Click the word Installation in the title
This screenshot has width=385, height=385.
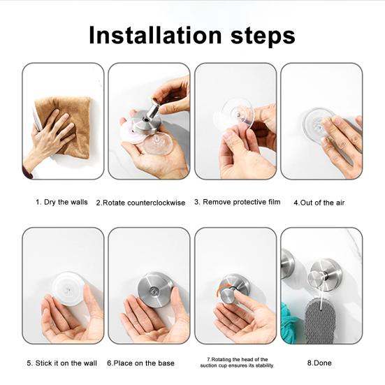coord(155,36)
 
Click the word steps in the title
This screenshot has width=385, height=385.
coord(263,36)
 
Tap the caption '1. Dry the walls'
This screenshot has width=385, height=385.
coord(61,203)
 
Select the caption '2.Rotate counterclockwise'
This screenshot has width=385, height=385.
coord(140,203)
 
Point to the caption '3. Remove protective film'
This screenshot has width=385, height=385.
coord(237,202)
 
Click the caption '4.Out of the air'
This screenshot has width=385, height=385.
coord(319,203)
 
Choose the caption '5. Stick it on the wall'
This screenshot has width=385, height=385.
coord(62,363)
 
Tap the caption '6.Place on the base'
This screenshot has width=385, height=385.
coord(140,363)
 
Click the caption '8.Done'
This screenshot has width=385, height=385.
coord(319,363)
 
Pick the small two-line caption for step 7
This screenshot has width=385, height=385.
coord(237,363)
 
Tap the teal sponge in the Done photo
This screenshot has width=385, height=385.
coord(290,321)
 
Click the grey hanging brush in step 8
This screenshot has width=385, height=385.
coord(320,321)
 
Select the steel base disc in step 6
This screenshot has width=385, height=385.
coord(155,290)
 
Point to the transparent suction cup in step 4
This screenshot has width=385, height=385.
coord(318,123)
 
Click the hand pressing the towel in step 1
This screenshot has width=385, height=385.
coord(49,138)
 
